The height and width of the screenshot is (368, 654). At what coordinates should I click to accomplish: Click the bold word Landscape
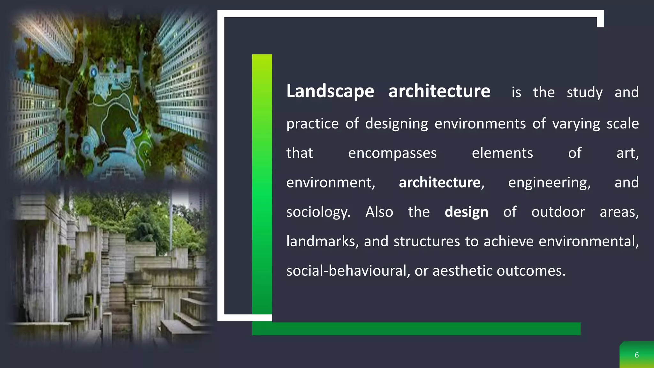tap(330, 92)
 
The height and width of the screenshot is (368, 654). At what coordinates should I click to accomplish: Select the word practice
tap(312, 124)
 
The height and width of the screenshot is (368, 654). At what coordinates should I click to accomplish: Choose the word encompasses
tap(392, 153)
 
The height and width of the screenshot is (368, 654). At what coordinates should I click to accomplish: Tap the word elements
tap(502, 153)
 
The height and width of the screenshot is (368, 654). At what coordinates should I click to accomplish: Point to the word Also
tap(379, 212)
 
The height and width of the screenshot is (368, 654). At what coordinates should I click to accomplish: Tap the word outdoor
tap(558, 212)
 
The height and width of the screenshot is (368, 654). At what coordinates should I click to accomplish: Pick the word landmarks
tap(322, 241)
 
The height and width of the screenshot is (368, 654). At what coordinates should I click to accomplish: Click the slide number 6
tap(636, 355)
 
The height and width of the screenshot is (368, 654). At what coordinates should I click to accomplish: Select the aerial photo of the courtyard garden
tap(112, 96)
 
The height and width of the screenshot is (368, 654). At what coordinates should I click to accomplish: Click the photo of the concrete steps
tap(112, 268)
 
